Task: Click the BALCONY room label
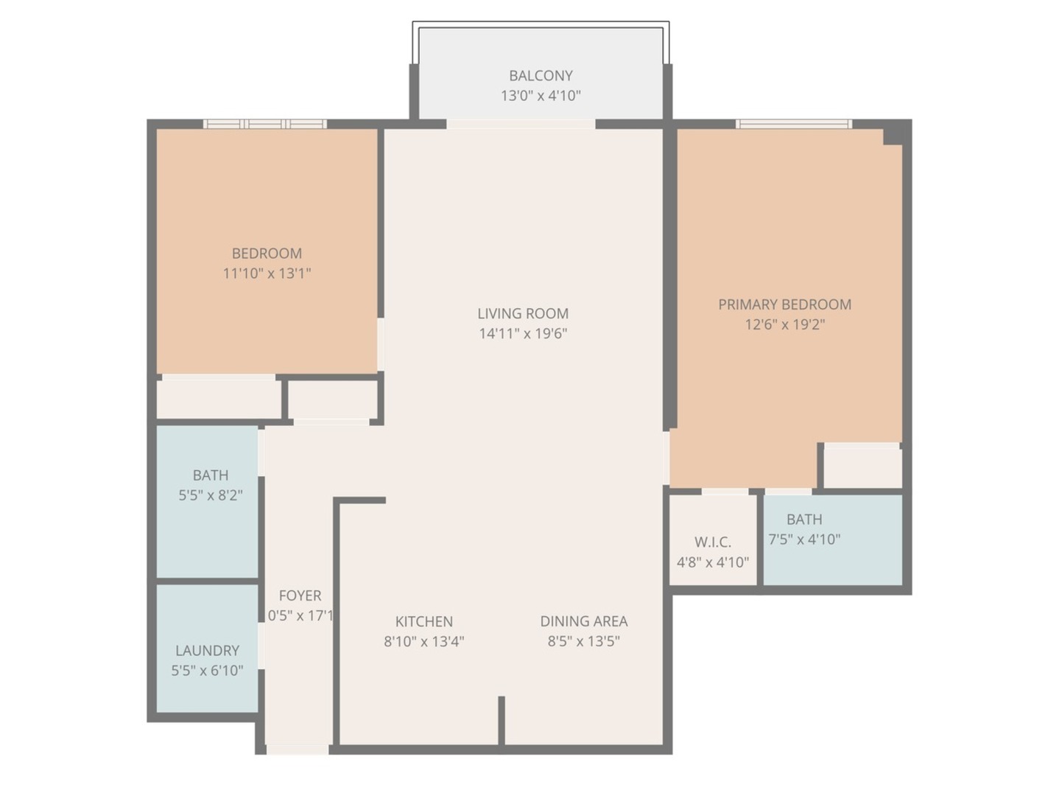[x=541, y=75]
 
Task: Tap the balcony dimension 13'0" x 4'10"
[x=541, y=95]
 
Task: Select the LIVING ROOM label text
[x=522, y=313]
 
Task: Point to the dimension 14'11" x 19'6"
[x=522, y=333]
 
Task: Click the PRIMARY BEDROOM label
[x=784, y=304]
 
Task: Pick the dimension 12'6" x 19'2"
[x=784, y=324]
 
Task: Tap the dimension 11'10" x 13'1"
[x=267, y=273]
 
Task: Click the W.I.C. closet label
[x=712, y=542]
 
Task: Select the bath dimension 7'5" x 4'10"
[x=804, y=540]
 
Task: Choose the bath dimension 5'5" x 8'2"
[x=210, y=495]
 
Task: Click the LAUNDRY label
[x=207, y=651]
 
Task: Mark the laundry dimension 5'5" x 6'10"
[x=207, y=671]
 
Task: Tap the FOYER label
[x=300, y=596]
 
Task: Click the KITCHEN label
[x=423, y=621]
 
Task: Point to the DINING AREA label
[x=583, y=621]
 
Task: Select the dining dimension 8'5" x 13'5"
[x=583, y=641]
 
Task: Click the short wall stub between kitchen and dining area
[x=502, y=720]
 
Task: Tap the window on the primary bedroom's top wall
[x=794, y=124]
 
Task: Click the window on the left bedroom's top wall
[x=265, y=124]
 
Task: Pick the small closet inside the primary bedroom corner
[x=862, y=467]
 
